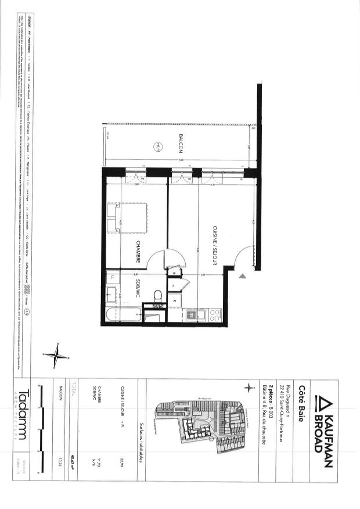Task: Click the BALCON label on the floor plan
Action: (x=181, y=144)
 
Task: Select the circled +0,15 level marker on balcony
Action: (x=157, y=147)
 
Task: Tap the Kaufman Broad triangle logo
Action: (x=319, y=402)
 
